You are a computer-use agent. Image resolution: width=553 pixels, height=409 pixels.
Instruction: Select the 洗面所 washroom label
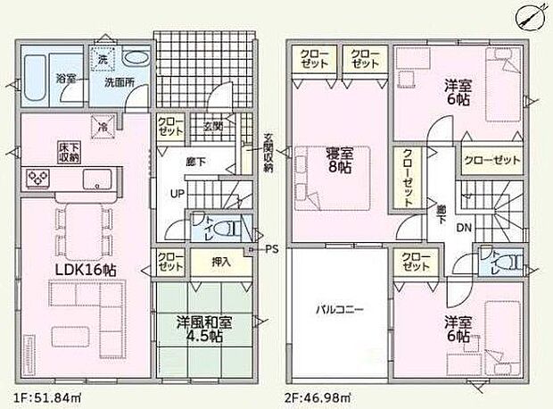point(119,81)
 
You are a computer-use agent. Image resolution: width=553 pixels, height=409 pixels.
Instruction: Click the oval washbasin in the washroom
point(136,57)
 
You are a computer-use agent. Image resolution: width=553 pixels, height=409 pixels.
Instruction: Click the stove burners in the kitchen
point(41,179)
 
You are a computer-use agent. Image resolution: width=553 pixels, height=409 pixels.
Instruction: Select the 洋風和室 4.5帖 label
point(201,330)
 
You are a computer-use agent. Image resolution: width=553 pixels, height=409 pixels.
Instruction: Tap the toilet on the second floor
point(508,262)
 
